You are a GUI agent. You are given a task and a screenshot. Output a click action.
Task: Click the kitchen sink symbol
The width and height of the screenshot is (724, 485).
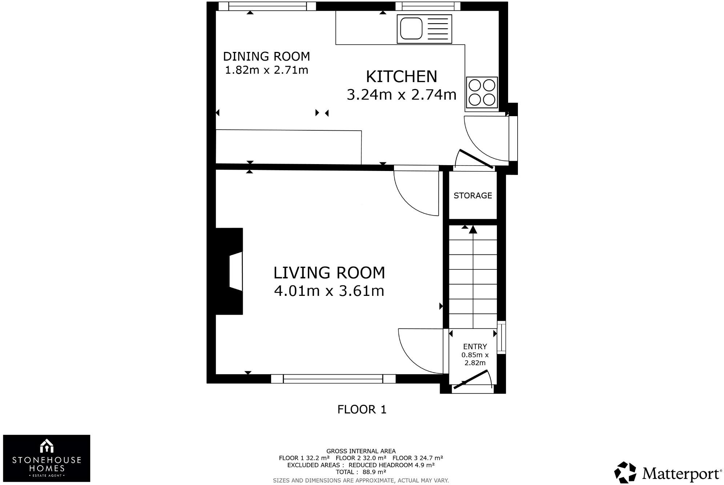pos(424,29)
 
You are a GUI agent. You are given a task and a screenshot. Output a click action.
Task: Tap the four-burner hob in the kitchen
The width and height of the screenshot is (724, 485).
pos(482,93)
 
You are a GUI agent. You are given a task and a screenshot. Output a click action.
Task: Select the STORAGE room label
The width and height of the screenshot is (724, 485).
pos(472,196)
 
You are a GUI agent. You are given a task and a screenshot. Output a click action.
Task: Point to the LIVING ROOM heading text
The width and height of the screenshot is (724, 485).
pos(329,273)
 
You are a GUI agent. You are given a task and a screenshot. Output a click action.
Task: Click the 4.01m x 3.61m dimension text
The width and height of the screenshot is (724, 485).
pos(329,291)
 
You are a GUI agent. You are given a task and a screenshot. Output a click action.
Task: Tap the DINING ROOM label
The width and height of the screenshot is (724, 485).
pos(266,57)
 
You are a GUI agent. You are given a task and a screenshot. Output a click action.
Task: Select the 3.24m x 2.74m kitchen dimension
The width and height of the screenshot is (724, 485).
pos(401,95)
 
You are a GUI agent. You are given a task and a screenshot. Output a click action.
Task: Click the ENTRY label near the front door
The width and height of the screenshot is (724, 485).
pos(475,347)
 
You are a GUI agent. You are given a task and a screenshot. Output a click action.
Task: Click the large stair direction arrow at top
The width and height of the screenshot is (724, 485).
pos(473,229)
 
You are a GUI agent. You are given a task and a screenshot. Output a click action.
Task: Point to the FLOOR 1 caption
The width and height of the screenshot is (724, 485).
pos(362,409)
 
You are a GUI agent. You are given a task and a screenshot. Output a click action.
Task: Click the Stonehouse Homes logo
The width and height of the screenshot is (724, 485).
pos(47,458)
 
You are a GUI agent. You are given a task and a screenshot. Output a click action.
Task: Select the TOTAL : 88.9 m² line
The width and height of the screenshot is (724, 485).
pos(361,472)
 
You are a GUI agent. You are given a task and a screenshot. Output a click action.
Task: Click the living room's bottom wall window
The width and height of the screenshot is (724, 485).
pos(333,379)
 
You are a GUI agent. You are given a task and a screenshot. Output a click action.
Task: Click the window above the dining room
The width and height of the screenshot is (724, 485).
pos(268,6)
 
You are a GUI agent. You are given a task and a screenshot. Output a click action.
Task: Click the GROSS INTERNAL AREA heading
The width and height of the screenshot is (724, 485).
pos(361,451)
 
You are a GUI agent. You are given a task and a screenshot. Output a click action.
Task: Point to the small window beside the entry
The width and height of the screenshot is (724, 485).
pos(501,337)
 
